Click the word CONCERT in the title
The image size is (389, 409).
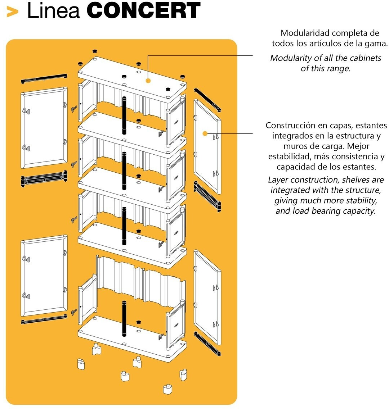coord(143,11)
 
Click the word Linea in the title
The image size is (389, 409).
coord(53,11)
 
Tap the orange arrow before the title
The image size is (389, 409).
coord(13,12)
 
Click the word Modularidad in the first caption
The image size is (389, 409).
coord(305,33)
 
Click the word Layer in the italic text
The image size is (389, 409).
coord(278,180)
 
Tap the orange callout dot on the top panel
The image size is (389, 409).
coord(148,81)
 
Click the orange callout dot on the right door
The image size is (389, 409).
coord(205,133)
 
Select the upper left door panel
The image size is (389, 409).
coord(44,128)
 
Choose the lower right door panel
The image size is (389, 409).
coord(207,297)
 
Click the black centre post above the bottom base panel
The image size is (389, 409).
coord(124,318)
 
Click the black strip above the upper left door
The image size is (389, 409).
coord(44,78)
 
